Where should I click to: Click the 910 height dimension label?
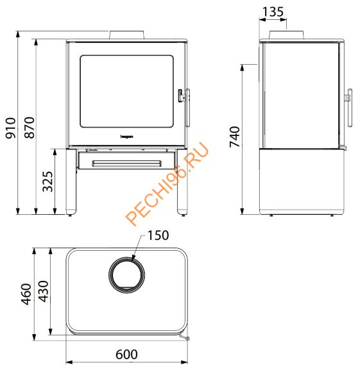click(11, 128)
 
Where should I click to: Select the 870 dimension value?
click(30, 128)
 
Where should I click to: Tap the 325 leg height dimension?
click(47, 182)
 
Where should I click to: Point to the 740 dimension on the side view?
click(235, 137)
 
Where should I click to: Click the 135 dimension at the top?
click(273, 12)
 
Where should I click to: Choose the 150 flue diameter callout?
click(159, 235)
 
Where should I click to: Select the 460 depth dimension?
click(26, 294)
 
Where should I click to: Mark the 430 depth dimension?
click(44, 291)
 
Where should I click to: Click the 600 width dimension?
click(126, 355)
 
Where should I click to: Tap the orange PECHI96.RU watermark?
click(167, 183)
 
